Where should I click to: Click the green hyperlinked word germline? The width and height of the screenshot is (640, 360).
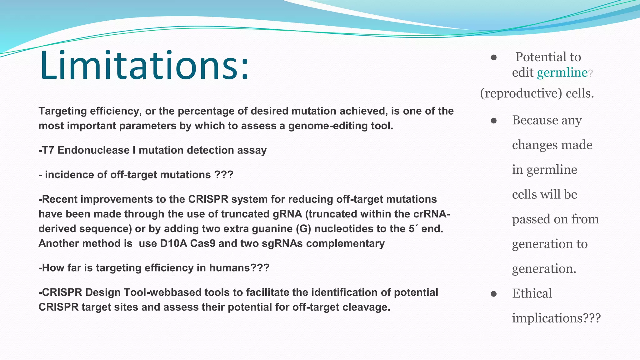click(562, 73)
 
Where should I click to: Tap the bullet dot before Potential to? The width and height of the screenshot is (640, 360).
click(494, 57)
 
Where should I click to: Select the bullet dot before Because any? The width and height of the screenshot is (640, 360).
click(494, 121)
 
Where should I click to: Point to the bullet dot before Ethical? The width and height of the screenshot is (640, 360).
click(494, 294)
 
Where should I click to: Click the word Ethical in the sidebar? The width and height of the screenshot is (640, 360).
click(532, 293)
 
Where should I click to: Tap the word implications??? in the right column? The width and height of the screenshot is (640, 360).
click(556, 318)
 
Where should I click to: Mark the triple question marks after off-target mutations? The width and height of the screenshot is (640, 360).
click(224, 175)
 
